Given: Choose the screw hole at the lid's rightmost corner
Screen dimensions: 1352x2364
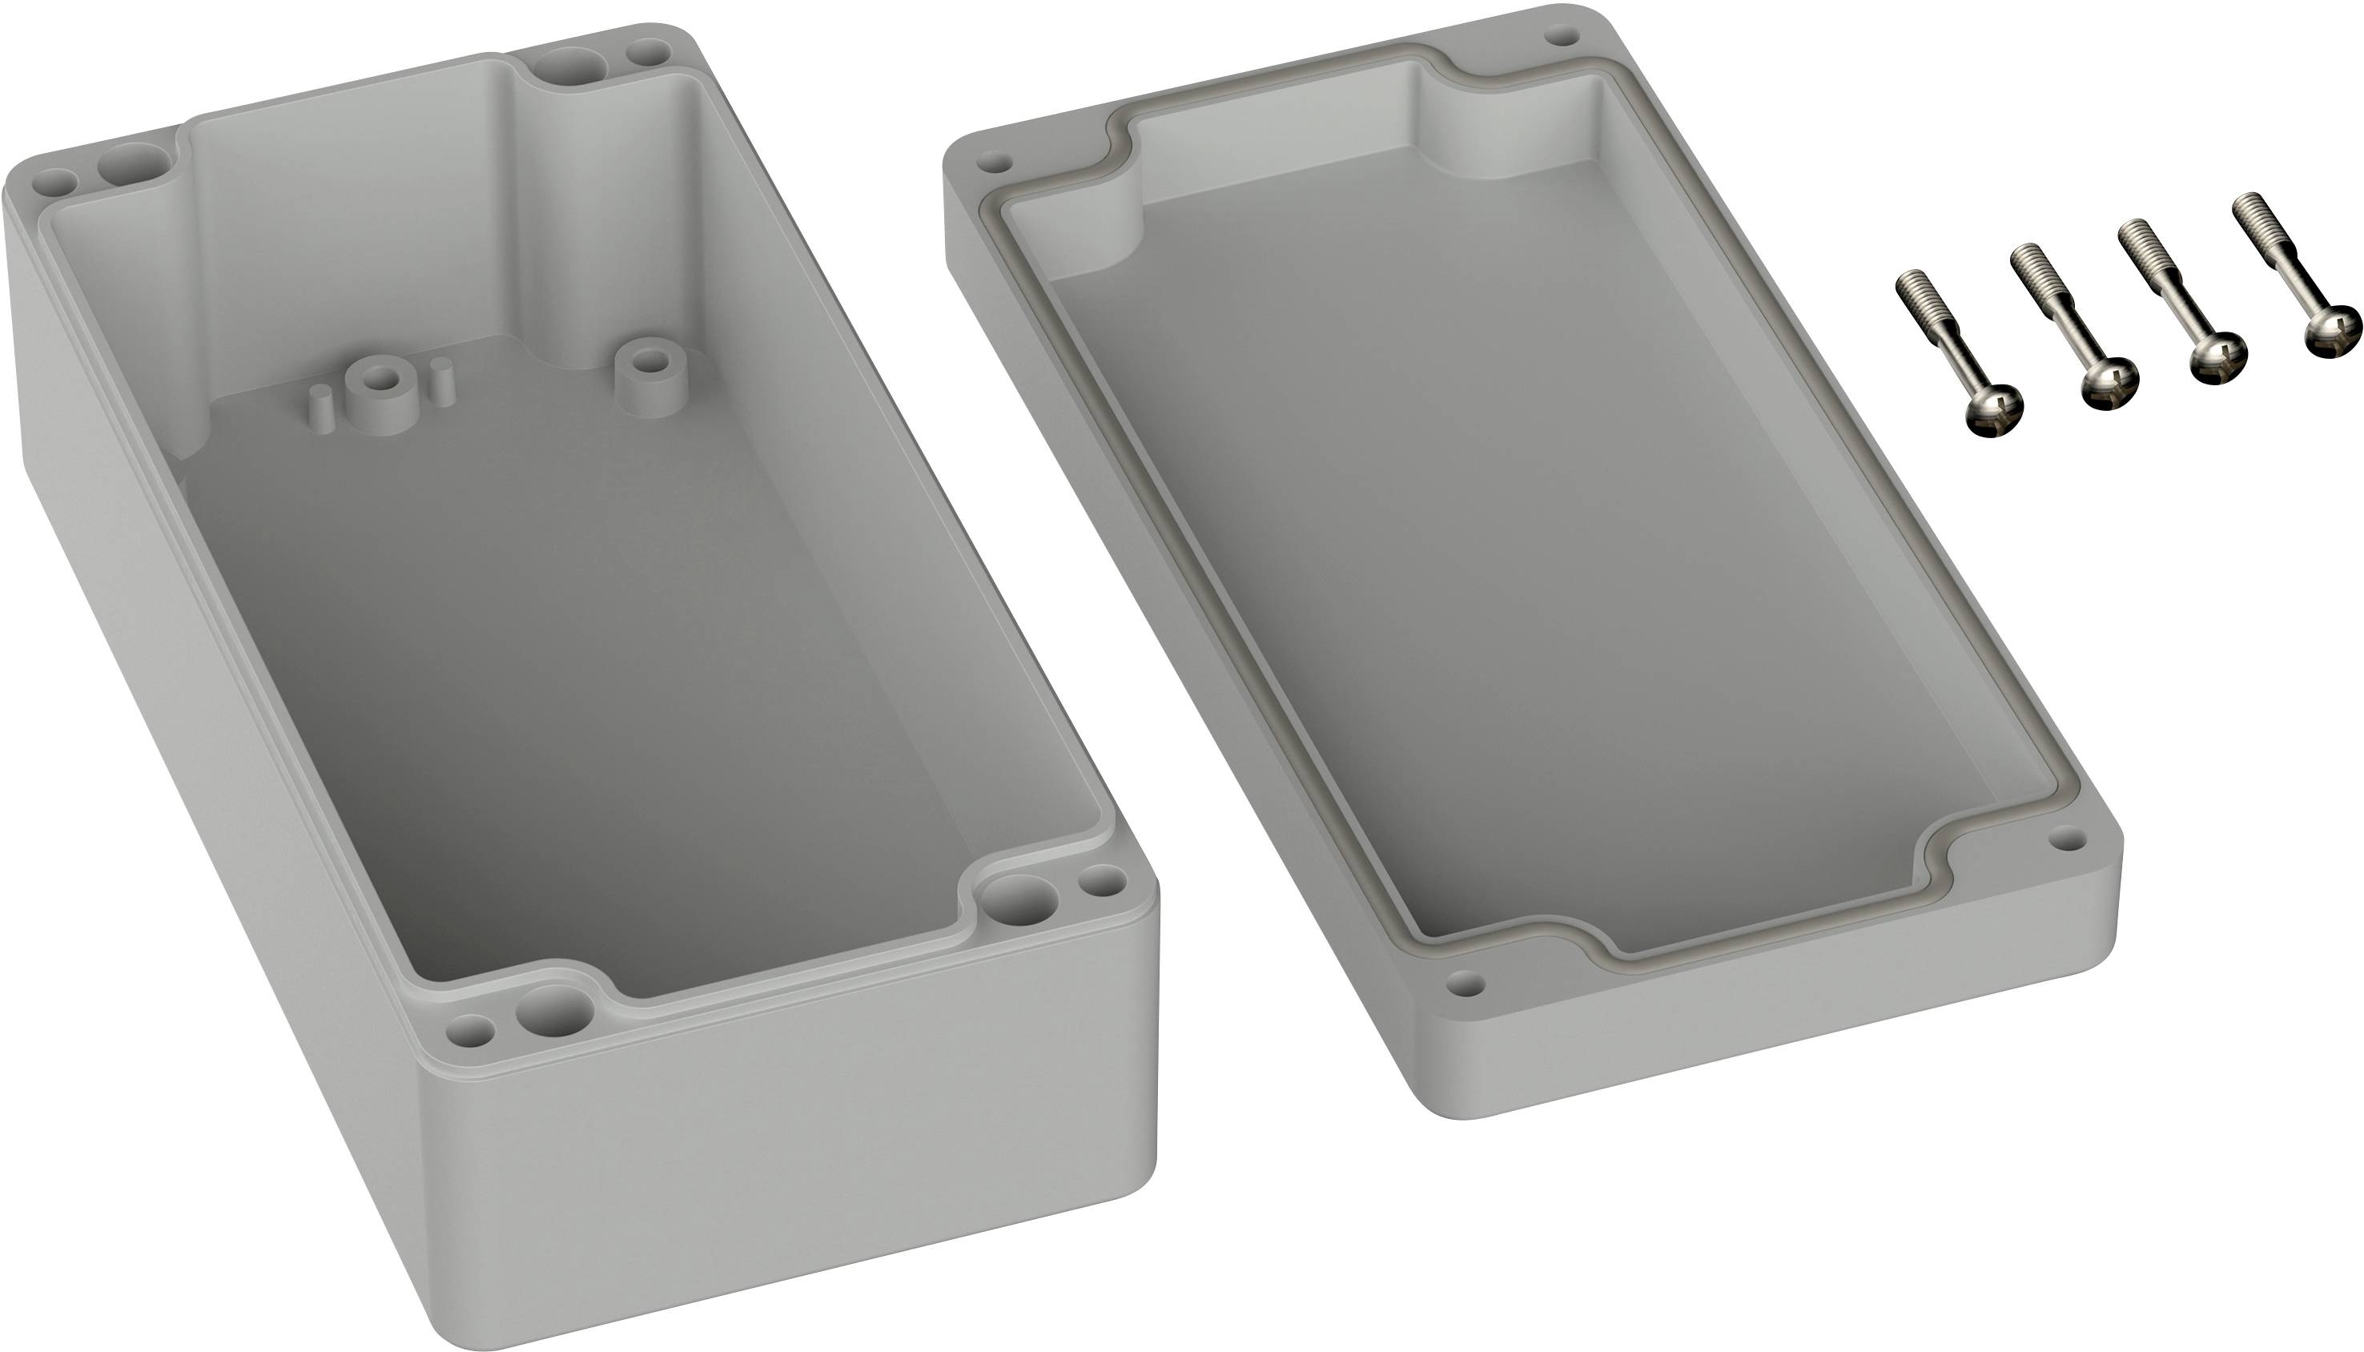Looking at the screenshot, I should coord(2067,840).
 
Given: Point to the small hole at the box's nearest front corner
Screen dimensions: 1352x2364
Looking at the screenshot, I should coord(471,1031).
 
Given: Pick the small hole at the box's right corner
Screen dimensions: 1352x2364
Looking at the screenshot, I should coord(1104,879).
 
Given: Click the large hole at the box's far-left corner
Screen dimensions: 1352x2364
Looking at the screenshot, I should coord(135,168).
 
